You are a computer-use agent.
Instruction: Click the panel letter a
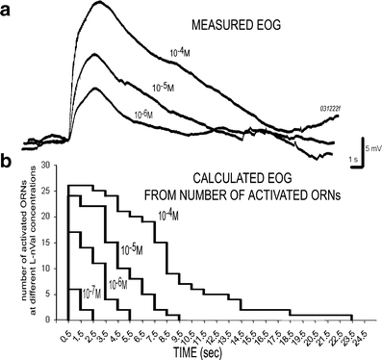pos(9,13)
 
